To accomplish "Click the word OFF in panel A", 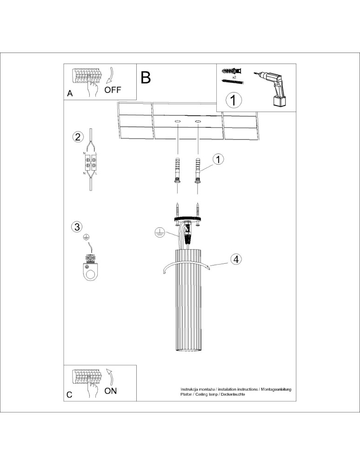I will click(113, 90).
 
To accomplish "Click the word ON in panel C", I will click(111, 391).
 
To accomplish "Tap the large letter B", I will click(146, 77).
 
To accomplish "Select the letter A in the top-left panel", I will click(70, 93).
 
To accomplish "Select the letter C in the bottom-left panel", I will click(69, 395).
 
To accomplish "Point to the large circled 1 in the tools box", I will click(233, 100).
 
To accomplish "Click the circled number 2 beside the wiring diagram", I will click(78, 137).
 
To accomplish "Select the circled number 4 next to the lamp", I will click(236, 259).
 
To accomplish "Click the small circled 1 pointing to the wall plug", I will click(219, 159).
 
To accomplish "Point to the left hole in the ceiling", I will click(177, 121).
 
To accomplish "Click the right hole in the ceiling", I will click(198, 121).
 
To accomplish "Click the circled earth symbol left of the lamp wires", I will click(159, 232).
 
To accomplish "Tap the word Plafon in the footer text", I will click(187, 394).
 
